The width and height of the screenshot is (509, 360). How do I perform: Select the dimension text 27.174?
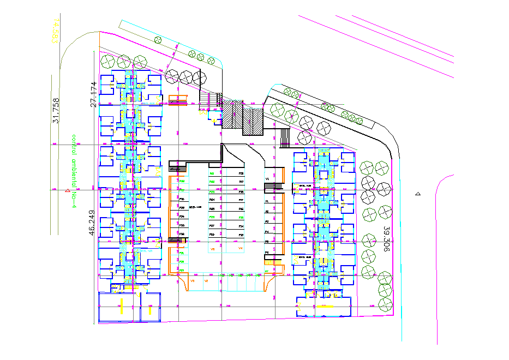click(93, 93)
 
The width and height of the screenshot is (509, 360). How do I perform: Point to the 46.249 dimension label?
click(92, 222)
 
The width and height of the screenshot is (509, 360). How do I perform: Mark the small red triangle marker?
click(67, 190)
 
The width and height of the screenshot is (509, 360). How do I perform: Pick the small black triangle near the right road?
click(418, 194)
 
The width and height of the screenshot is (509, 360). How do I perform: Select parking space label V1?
click(267, 179)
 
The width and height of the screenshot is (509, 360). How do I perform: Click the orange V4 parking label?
click(240, 248)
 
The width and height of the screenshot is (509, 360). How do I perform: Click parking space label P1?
click(267, 201)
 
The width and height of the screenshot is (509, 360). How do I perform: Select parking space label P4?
click(267, 232)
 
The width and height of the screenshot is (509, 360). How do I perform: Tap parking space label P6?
click(267, 253)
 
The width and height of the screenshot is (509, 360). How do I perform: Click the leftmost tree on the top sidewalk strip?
click(158, 39)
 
